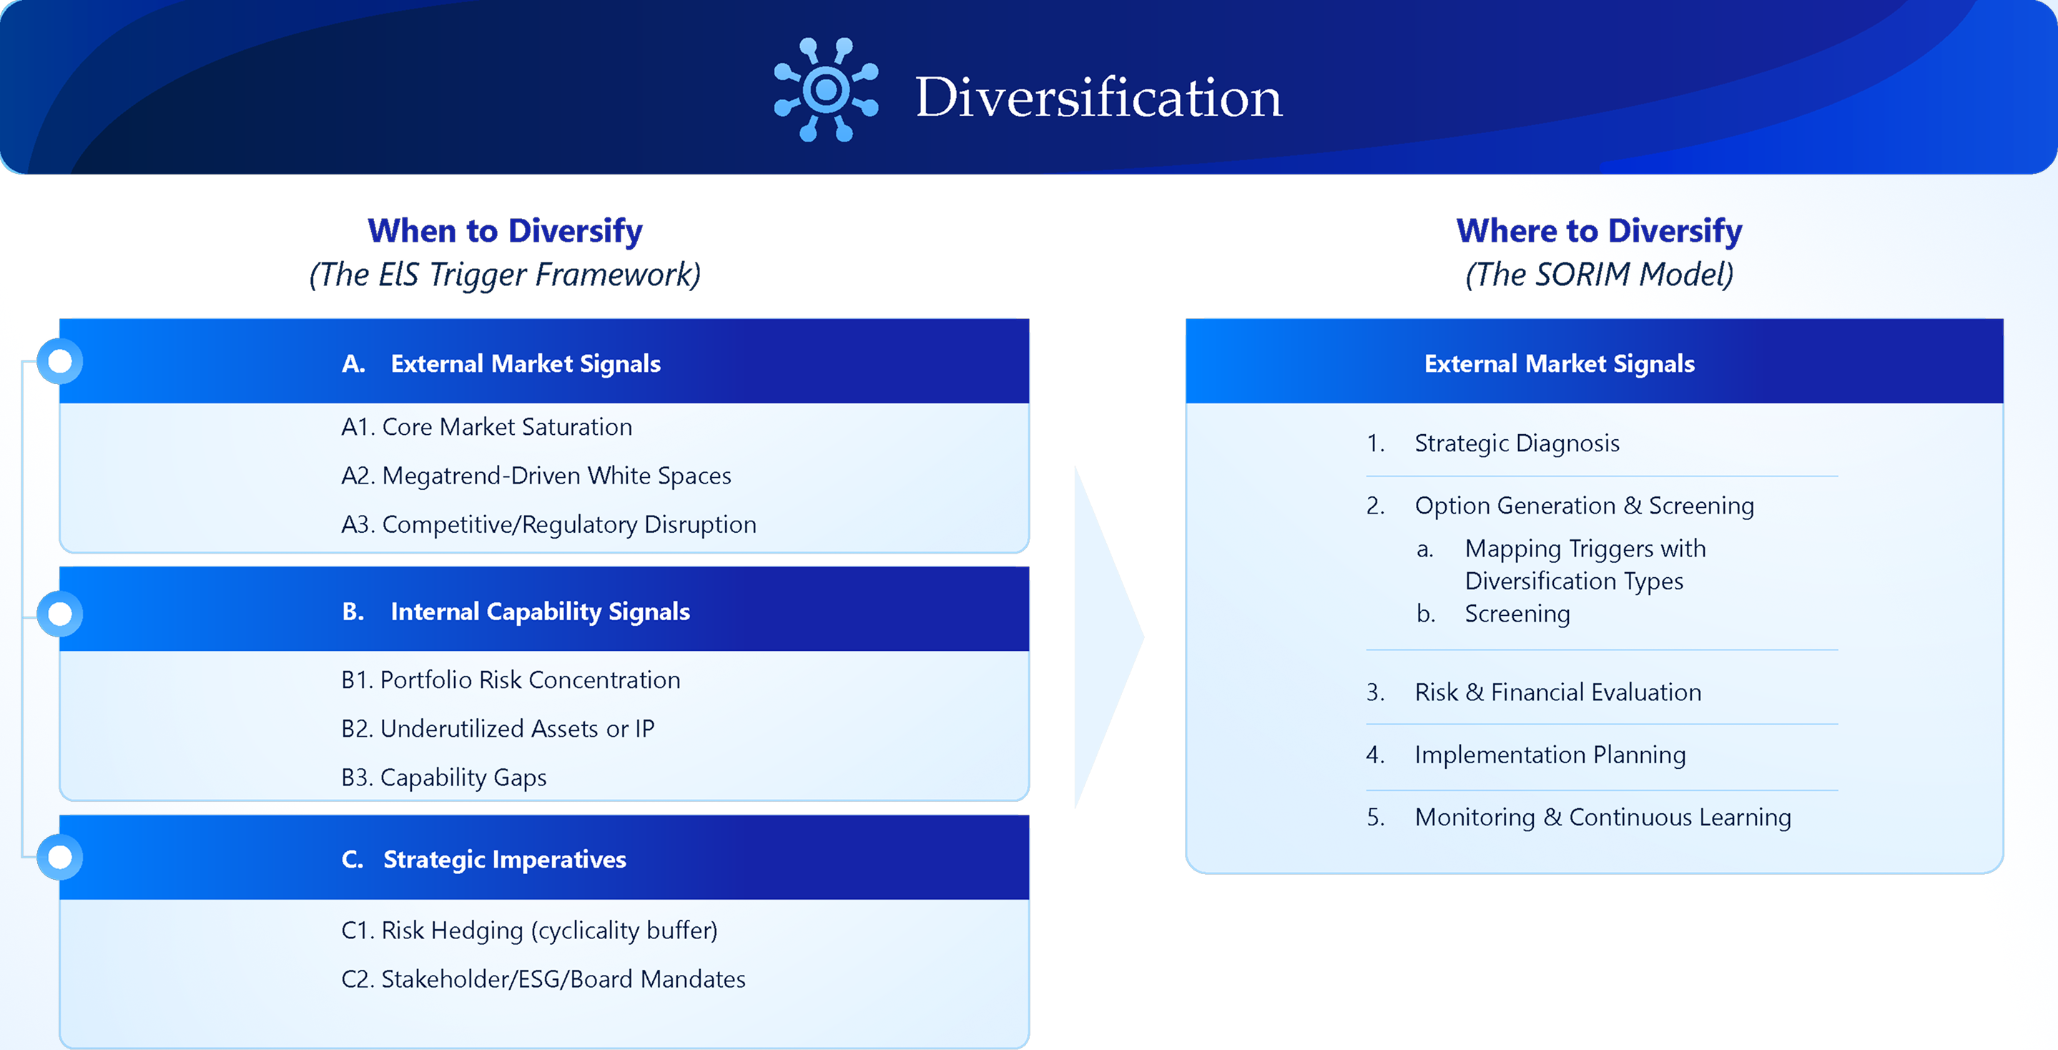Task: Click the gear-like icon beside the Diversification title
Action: pos(826,89)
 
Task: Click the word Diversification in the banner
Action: pos(1098,97)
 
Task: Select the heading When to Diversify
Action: pos(505,231)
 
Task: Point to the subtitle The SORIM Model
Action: pos(1600,274)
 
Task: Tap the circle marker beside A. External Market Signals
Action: pos(60,362)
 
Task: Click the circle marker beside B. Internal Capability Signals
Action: pos(60,614)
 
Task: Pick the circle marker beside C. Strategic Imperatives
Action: pos(60,858)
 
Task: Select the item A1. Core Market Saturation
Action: pos(486,427)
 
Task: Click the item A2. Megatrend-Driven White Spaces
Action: pos(536,476)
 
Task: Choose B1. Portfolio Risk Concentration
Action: pos(511,680)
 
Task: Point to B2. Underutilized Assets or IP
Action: pos(498,729)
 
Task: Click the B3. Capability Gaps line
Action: pos(443,777)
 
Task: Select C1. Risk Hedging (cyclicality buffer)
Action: pos(530,930)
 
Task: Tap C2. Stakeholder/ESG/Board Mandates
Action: pos(543,979)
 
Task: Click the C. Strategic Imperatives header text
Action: pos(483,860)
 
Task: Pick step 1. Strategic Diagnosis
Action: pos(1492,443)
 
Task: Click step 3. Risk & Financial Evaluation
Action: pos(1533,692)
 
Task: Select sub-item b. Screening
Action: pos(1493,614)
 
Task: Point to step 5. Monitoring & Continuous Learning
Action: pos(1579,817)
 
